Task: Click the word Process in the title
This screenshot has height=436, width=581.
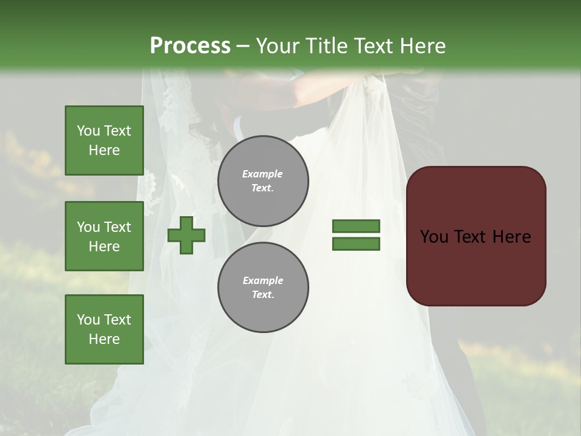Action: tap(190, 46)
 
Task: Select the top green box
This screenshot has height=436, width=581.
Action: tap(104, 140)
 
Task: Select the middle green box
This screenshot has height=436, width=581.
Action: tap(104, 236)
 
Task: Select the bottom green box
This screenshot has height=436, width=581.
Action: tap(104, 329)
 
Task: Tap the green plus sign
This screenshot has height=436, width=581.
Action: tap(186, 235)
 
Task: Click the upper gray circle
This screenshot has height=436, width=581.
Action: tap(263, 181)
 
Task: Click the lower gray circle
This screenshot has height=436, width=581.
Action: tap(263, 288)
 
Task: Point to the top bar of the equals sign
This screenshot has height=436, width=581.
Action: tap(356, 226)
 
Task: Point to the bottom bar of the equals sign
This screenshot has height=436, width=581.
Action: tap(356, 244)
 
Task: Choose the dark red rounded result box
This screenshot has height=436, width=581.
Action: tap(476, 236)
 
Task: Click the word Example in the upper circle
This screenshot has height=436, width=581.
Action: tap(263, 174)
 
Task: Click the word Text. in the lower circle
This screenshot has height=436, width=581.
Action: tap(263, 295)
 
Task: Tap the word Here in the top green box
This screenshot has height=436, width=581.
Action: tap(104, 150)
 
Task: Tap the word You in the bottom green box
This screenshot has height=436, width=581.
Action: tap(88, 320)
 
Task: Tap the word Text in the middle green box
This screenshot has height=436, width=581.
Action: tap(117, 227)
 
